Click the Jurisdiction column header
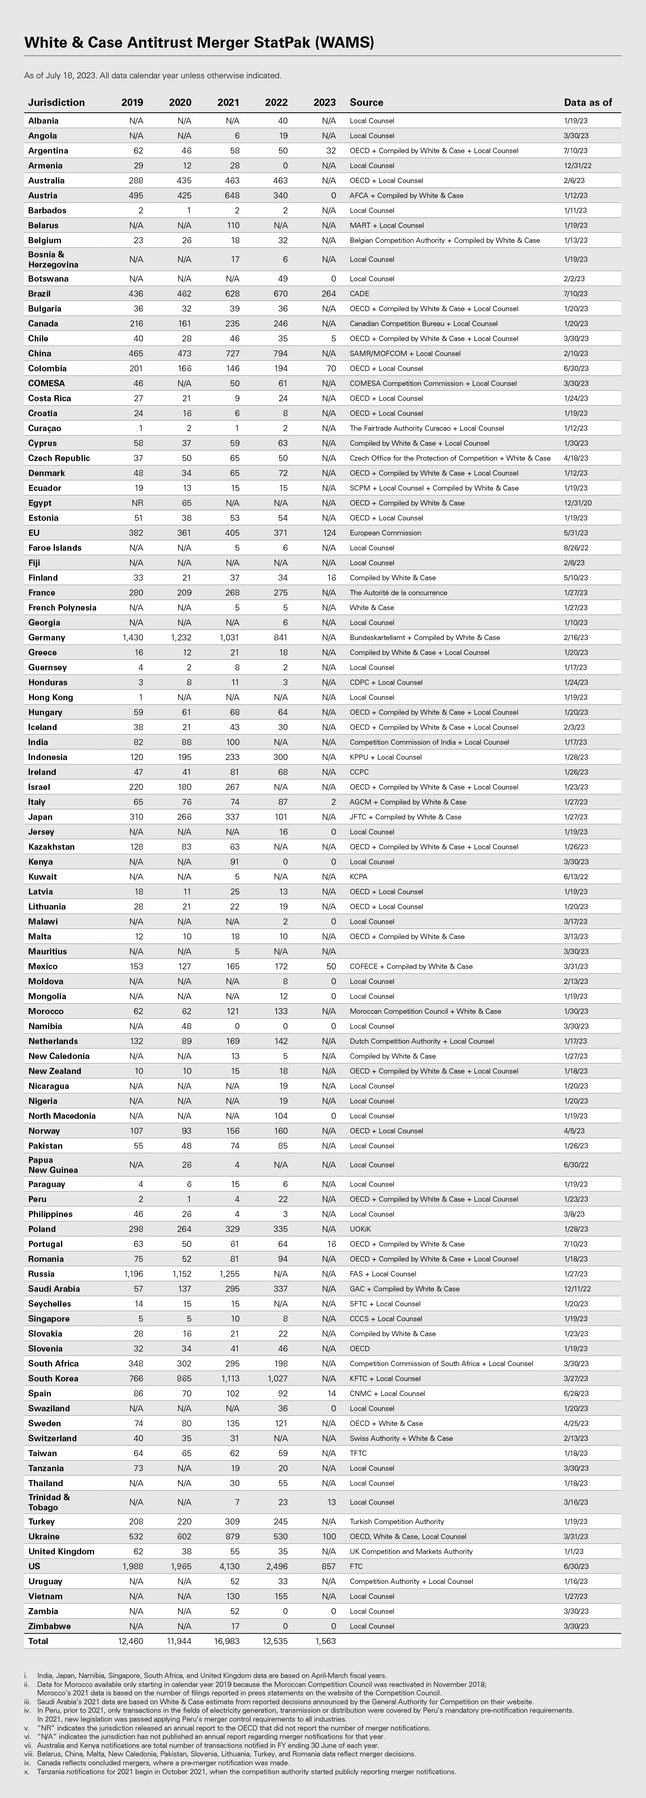tap(57, 103)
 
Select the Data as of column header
tap(587, 103)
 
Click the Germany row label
tap(47, 637)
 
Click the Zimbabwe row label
tap(50, 1626)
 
